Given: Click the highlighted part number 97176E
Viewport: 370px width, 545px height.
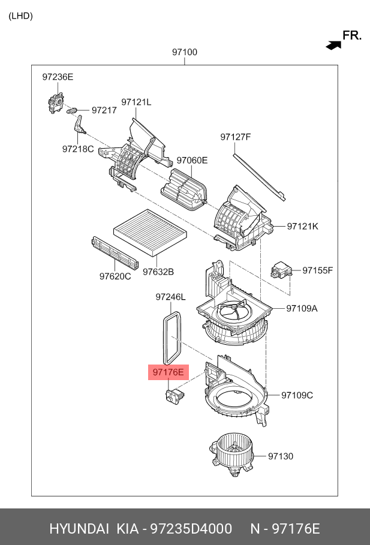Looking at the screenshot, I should click(x=169, y=372).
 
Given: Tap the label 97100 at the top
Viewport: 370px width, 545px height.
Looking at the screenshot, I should click(x=184, y=52).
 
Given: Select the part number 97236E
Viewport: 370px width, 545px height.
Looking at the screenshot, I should click(x=58, y=77).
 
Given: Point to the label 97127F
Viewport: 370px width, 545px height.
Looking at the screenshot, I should click(x=235, y=137).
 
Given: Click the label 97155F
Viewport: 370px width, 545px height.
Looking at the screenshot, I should click(x=317, y=270).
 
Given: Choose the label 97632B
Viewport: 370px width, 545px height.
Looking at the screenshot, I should click(x=158, y=272).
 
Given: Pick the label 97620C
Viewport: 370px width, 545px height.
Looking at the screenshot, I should click(x=115, y=276).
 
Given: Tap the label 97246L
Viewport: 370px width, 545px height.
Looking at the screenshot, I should click(x=170, y=297).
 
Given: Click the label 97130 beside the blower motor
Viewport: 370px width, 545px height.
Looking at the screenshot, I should click(x=281, y=456).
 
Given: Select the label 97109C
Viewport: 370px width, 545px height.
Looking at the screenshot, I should click(x=297, y=395).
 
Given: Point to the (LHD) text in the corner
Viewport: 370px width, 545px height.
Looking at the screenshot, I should click(x=20, y=16).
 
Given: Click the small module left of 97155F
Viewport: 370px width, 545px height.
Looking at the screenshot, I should click(x=281, y=270).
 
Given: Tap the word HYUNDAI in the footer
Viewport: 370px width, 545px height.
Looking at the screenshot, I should click(x=79, y=529).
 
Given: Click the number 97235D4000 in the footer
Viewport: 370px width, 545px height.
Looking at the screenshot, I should click(x=191, y=529).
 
